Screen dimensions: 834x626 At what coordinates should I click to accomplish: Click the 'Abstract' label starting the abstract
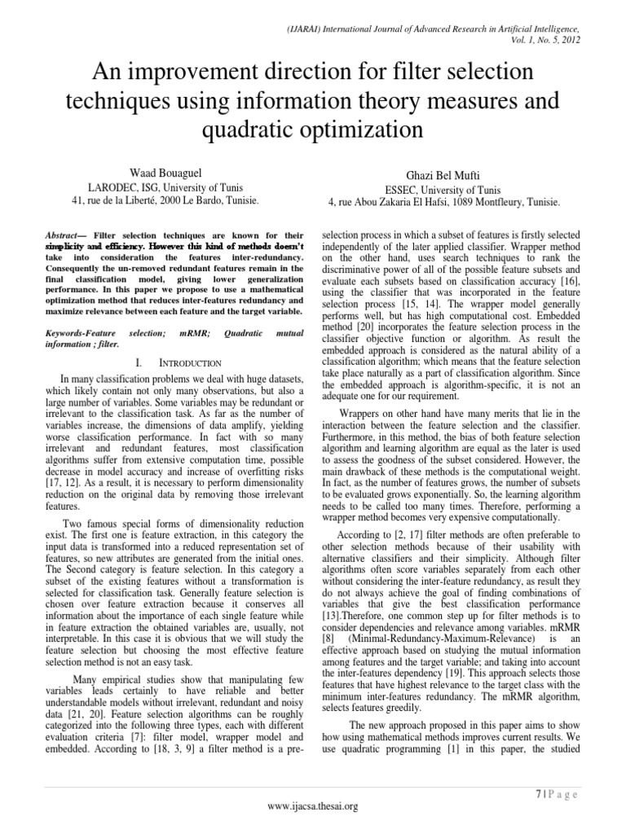(67, 233)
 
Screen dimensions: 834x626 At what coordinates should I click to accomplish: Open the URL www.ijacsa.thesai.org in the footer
(313, 806)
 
